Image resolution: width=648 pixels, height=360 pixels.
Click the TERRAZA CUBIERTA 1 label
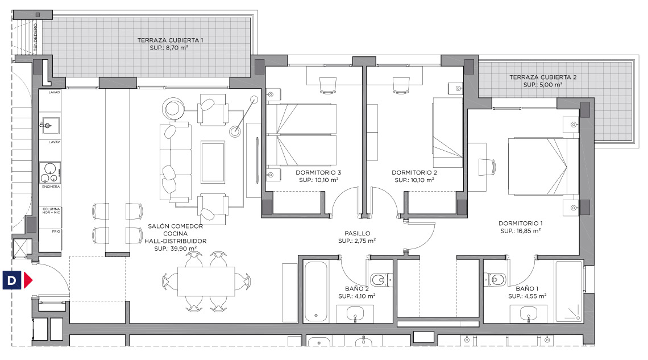171,40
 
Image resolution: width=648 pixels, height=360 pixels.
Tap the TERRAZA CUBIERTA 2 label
543,77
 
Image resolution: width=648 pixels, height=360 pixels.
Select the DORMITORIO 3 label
318,172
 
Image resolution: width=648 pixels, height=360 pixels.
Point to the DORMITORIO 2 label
414,172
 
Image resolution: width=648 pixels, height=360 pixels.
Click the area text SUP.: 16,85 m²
520,231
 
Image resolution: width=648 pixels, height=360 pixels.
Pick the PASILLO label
357,233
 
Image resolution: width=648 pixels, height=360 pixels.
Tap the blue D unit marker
11,280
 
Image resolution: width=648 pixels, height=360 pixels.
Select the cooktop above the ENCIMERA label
50,173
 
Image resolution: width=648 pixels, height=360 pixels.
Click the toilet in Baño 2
381,280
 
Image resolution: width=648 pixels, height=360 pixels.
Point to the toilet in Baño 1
496,280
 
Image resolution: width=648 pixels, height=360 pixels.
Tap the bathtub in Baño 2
316,291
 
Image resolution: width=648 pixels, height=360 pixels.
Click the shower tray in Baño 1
569,291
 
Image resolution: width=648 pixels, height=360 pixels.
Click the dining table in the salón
206,282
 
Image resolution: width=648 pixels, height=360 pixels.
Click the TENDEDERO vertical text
36,38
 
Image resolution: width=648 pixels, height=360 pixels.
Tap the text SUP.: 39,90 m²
175,249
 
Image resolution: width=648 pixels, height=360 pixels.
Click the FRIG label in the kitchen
56,231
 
